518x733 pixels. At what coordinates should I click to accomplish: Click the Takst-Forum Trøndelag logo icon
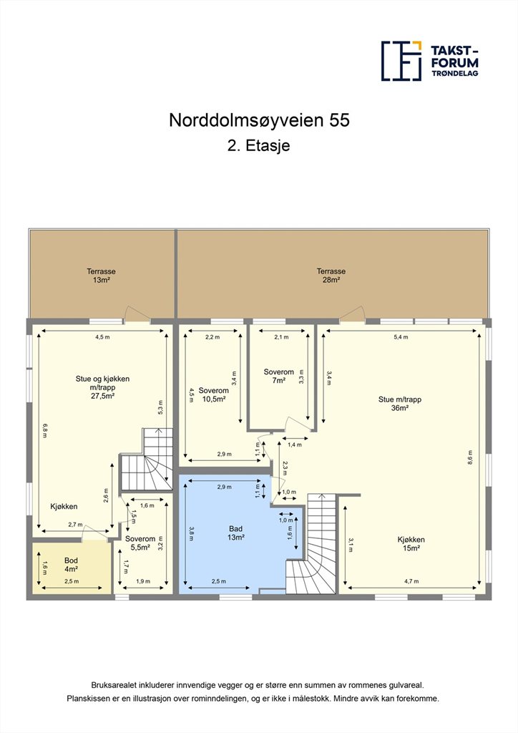[401, 61]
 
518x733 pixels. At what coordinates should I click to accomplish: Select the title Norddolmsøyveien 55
[259, 120]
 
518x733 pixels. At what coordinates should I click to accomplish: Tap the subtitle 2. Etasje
[259, 145]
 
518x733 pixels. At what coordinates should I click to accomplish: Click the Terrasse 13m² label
[101, 276]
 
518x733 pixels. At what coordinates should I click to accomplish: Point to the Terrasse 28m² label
[331, 276]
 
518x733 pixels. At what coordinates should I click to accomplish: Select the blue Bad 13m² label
[236, 533]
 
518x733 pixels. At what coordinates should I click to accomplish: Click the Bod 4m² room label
[71, 565]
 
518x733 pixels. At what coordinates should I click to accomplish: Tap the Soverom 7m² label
[279, 376]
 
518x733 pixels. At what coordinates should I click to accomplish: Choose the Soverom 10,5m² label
[213, 394]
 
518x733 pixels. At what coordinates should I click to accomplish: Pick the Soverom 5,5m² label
[140, 543]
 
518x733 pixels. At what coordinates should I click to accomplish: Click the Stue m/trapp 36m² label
[400, 404]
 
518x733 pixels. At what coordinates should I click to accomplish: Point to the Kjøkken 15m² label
[411, 544]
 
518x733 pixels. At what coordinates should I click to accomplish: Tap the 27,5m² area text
[103, 395]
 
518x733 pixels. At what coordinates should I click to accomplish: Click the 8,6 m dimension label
[470, 457]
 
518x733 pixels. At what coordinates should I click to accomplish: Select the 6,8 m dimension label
[45, 430]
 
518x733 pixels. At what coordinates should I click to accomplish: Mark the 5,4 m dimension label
[401, 337]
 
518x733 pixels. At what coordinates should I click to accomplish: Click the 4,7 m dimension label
[411, 581]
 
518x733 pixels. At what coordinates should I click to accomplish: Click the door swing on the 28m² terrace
[352, 313]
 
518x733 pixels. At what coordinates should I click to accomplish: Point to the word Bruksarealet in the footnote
[112, 685]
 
